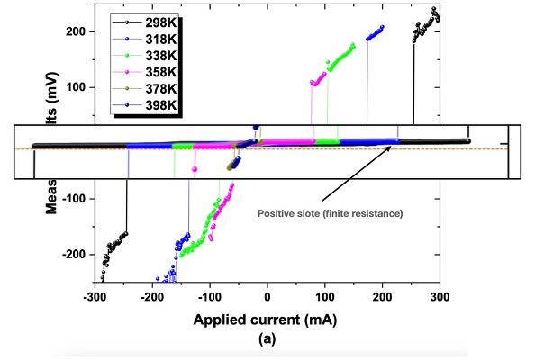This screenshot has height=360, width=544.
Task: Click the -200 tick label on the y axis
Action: click(x=72, y=255)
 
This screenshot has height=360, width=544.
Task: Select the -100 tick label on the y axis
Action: click(x=72, y=199)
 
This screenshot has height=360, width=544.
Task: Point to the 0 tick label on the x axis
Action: click(x=267, y=295)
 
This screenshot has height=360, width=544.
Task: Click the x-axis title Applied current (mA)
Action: click(x=267, y=319)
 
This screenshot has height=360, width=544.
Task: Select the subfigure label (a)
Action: click(x=267, y=339)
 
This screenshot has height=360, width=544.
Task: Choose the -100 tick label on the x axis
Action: click(x=210, y=295)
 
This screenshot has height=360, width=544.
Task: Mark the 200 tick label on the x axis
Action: click(x=383, y=295)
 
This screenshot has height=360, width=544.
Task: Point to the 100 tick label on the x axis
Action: click(x=325, y=295)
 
